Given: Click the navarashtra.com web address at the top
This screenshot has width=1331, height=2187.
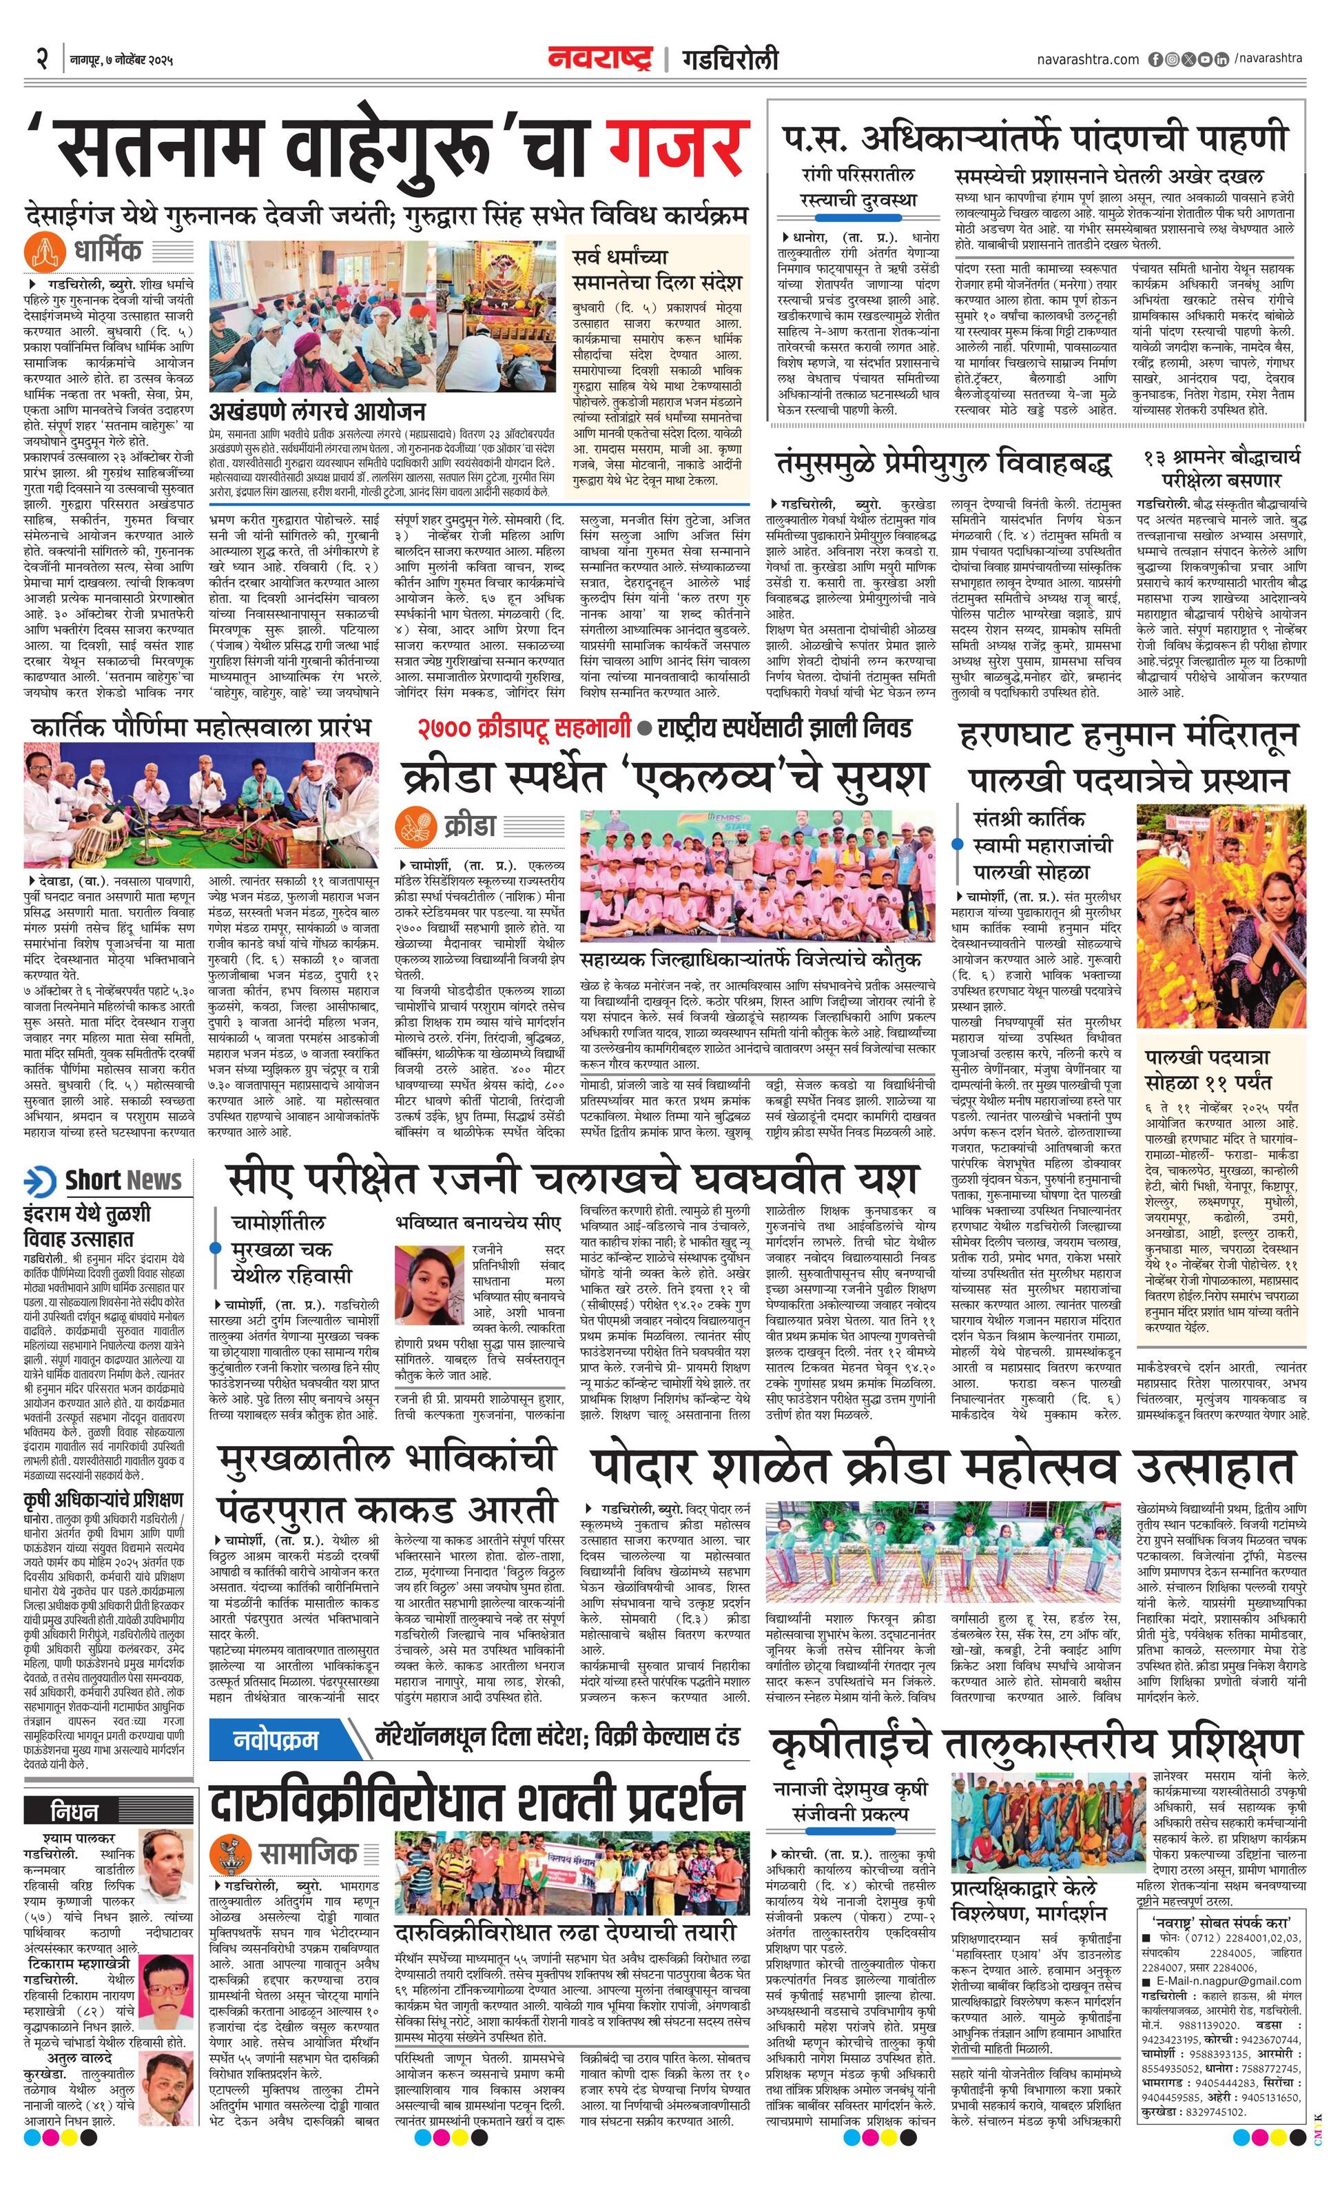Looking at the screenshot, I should (1087, 59).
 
